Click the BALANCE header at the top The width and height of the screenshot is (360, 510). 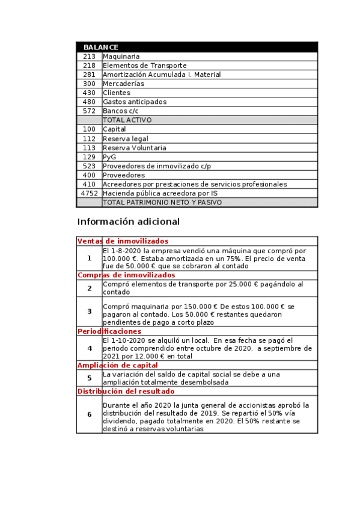[x=100, y=47]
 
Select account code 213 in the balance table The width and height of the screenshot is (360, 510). [x=89, y=57]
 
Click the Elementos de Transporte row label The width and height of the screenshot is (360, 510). [x=144, y=66]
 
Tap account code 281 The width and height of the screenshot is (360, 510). [x=89, y=75]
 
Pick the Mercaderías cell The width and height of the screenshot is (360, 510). [x=123, y=84]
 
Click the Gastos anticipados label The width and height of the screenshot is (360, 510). [x=135, y=102]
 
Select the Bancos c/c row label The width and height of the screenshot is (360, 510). [x=120, y=111]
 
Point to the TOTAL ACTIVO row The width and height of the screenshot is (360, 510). [x=127, y=120]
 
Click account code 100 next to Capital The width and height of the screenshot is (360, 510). [x=89, y=129]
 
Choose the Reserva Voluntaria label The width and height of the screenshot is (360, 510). [x=135, y=148]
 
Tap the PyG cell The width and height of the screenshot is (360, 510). [x=109, y=157]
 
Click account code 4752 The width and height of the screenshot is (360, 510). [x=89, y=194]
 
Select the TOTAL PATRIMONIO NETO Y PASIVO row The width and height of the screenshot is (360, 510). [x=162, y=203]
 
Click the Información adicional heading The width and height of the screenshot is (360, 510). [x=128, y=222]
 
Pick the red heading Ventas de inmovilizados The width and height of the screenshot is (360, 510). [x=123, y=241]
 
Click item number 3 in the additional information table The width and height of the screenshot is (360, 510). [x=89, y=312]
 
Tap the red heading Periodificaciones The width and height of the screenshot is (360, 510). [x=109, y=331]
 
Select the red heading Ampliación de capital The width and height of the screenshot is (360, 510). [x=117, y=365]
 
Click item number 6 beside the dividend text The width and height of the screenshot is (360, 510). [x=89, y=414]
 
